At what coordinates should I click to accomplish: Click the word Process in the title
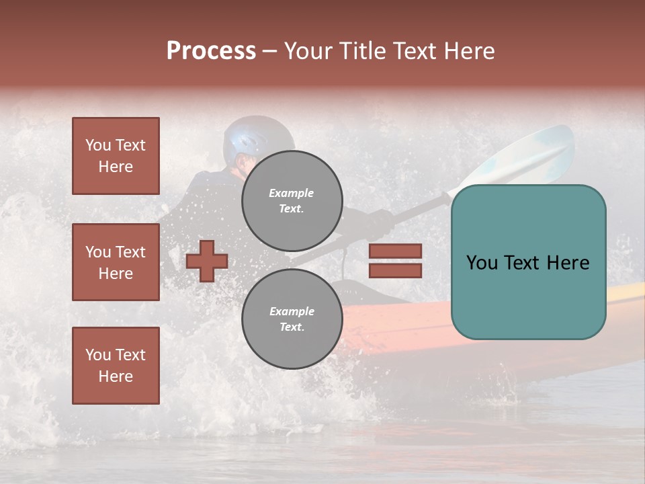(x=211, y=51)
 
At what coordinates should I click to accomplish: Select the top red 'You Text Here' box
(x=116, y=156)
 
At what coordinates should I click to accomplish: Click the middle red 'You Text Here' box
(x=116, y=262)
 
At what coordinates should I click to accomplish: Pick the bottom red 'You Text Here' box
(x=116, y=366)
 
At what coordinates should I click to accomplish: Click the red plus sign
(x=207, y=261)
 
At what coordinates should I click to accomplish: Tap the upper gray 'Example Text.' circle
(x=292, y=201)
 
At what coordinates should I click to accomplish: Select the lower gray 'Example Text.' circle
(x=292, y=319)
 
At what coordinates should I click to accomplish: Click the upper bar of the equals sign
(x=395, y=251)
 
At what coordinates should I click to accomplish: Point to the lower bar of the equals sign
(x=395, y=270)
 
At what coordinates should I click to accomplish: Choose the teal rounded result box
(x=528, y=262)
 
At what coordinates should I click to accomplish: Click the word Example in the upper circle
(x=292, y=194)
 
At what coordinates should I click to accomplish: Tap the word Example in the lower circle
(x=292, y=312)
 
